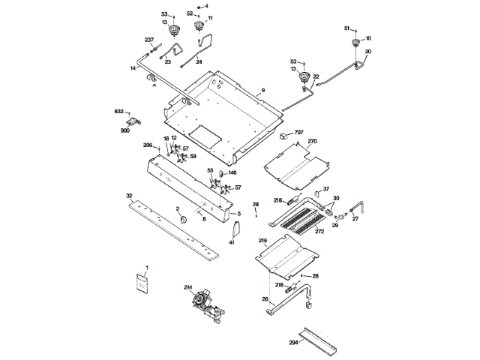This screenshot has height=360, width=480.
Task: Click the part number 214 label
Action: coord(187,286)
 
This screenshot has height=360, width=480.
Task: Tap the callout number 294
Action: coord(294,342)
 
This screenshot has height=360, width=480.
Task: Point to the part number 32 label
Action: coord(129,195)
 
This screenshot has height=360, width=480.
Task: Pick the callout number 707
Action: coord(298,132)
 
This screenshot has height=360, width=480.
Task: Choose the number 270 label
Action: coord(313,141)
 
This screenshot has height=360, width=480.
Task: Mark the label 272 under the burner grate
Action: coord(319,232)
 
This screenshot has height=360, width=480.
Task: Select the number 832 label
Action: coord(119,111)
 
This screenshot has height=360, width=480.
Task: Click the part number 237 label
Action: coord(148,40)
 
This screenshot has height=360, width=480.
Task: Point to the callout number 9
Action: coord(263,90)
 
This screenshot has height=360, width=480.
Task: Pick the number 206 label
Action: coord(148,145)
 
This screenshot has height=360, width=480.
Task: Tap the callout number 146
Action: coord(232,172)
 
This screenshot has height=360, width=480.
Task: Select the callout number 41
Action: coord(232,242)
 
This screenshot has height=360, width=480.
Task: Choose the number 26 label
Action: coord(264,298)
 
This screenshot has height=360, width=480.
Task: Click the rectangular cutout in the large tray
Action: coord(203,135)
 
